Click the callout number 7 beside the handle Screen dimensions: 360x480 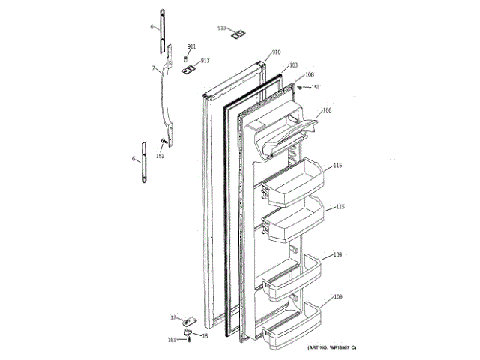pyautogui.click(x=154, y=68)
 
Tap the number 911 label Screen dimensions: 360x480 pyautogui.click(x=191, y=47)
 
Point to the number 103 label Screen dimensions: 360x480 pyautogui.click(x=293, y=65)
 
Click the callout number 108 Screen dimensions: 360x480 pyautogui.click(x=309, y=75)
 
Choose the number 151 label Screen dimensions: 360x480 pyautogui.click(x=315, y=87)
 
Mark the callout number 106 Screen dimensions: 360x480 pyautogui.click(x=327, y=111)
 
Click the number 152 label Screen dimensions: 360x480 pyautogui.click(x=160, y=156)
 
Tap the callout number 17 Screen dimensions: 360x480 pyautogui.click(x=172, y=317)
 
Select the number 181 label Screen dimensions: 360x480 pyautogui.click(x=172, y=340)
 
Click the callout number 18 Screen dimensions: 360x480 pyautogui.click(x=204, y=334)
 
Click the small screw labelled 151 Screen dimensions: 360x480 pyautogui.click(x=301, y=87)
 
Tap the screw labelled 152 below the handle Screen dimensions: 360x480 pyautogui.click(x=163, y=142)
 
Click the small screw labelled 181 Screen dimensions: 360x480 pyautogui.click(x=188, y=340)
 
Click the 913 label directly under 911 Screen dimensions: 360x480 pyautogui.click(x=204, y=60)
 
